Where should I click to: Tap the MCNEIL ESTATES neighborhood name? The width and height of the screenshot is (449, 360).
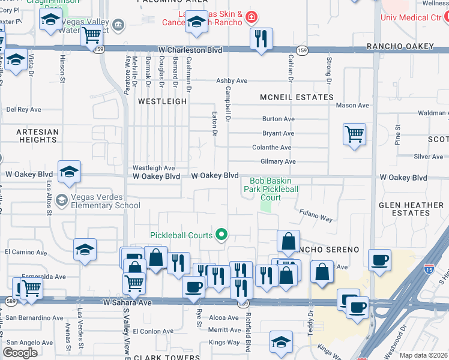[297, 97]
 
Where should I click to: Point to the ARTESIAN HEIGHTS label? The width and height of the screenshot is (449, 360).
[37, 136]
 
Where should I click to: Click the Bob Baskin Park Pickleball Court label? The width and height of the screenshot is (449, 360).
[274, 188]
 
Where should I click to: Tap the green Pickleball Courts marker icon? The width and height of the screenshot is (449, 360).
[221, 235]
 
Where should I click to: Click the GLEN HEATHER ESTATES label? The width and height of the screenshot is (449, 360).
[411, 209]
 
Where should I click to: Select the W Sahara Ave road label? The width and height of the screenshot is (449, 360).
[128, 303]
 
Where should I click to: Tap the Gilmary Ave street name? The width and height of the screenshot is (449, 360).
[278, 161]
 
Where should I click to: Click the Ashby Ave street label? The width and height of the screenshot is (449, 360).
[232, 80]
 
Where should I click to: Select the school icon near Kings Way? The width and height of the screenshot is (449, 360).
[281, 341]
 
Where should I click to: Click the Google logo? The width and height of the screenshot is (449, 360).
[20, 353]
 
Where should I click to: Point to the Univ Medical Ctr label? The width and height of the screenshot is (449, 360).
[411, 17]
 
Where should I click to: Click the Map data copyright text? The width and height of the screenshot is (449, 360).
[423, 355]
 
